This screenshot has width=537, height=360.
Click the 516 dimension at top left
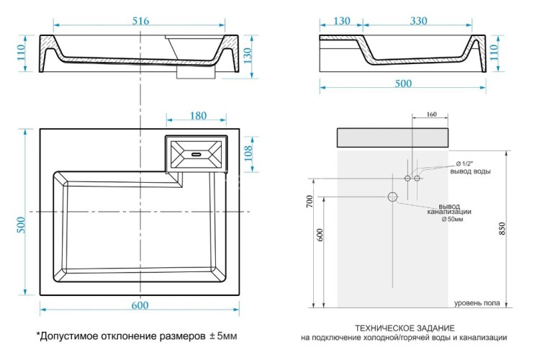point(140,22)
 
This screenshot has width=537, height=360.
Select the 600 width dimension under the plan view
point(140,305)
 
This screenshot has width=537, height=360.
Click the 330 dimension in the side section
point(419,22)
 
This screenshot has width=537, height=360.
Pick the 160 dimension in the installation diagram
point(431,114)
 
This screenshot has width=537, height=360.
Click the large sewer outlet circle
point(393,197)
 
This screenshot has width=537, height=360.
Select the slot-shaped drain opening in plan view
point(196,153)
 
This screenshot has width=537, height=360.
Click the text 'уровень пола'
point(477,303)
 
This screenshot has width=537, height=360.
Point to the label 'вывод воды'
point(471,171)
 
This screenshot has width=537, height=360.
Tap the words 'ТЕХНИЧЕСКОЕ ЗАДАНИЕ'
point(404,326)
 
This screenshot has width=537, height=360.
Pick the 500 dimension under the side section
point(402,84)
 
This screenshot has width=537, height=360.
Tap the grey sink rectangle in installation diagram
point(393,138)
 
